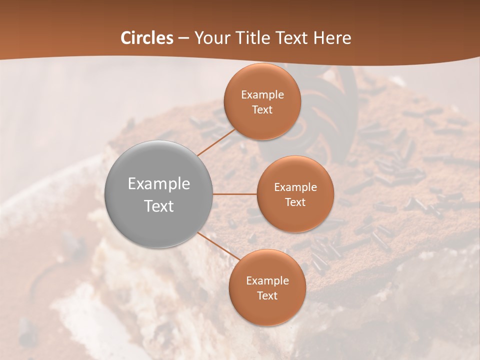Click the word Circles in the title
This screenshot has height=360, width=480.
pos(147,38)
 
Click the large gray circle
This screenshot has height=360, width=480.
pos(159,194)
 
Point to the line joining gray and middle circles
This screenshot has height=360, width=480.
pos(235,194)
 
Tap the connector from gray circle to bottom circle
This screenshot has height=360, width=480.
pos(218,245)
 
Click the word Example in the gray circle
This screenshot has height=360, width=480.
pos(159,184)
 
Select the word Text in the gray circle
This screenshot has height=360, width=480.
pos(159,206)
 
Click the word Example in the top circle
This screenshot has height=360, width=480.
pos(262,95)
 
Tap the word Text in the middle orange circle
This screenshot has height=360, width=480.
pos(295,202)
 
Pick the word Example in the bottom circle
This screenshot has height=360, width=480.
pos(267,281)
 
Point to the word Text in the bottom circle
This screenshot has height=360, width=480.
pos(267,296)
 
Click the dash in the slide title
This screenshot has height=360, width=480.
pos(183,38)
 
